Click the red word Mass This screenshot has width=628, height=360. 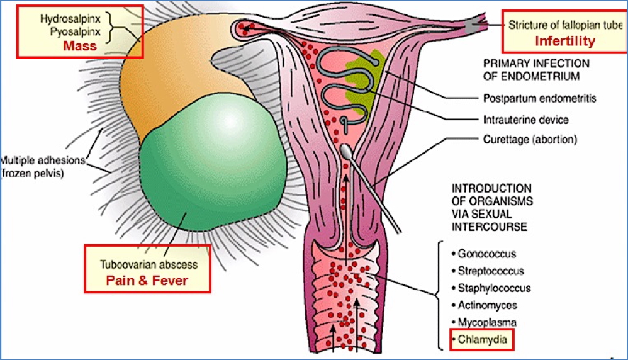80,46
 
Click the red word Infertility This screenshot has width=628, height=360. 564,41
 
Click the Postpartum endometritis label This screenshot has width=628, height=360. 540,98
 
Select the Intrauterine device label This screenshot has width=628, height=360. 526,119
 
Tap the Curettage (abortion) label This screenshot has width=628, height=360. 530,139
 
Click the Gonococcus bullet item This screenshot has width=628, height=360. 486,254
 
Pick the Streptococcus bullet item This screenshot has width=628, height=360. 490,271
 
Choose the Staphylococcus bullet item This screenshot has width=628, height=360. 493,288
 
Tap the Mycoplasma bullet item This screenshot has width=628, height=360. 486,322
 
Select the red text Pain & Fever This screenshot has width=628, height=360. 146,280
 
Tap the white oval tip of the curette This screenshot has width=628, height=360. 350,151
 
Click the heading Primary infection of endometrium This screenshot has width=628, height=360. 535,69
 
